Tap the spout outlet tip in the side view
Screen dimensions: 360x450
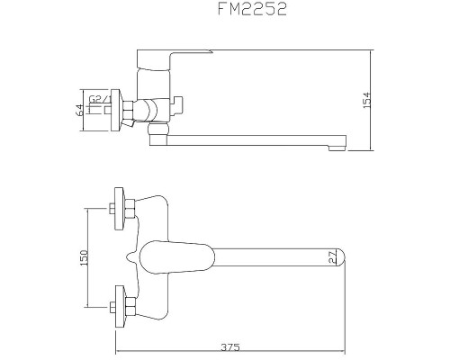pos(339,144)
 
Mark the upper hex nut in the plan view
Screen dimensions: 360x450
pos(130,209)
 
